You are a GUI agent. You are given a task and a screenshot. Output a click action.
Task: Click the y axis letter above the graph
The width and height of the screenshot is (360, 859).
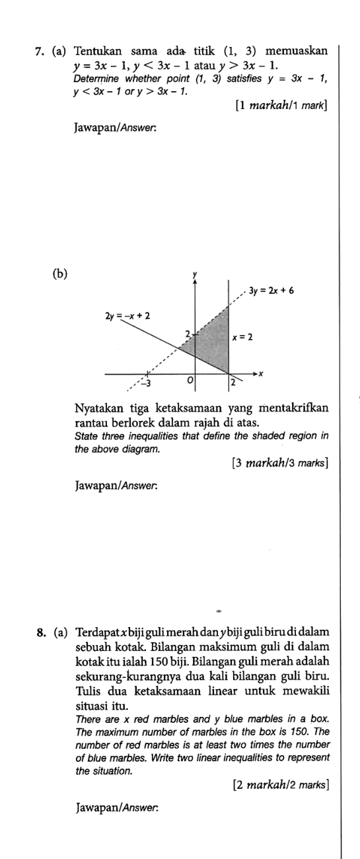195,272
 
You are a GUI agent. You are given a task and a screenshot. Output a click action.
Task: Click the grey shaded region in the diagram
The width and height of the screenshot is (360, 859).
215,344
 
